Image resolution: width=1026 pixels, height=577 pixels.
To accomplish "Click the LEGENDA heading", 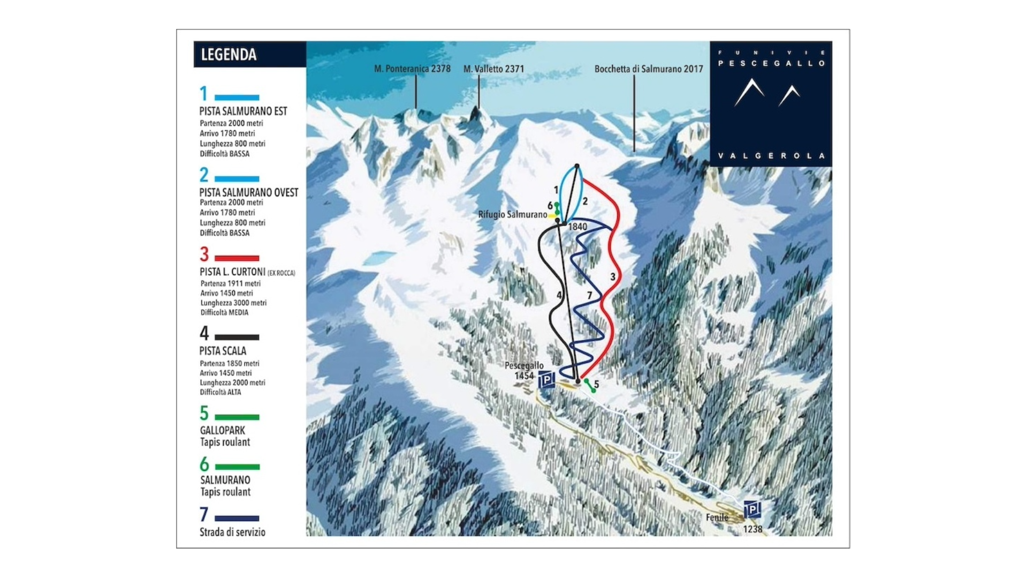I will (x=229, y=55).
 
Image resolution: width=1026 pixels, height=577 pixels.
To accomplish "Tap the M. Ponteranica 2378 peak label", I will (x=412, y=69).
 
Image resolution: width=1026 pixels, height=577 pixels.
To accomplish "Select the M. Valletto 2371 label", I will (x=493, y=69).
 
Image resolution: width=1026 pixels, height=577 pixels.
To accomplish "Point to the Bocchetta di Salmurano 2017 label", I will (x=648, y=69).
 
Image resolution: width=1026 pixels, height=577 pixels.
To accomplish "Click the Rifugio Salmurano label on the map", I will (x=512, y=215).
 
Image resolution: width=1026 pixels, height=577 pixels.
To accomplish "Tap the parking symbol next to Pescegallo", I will (x=546, y=380).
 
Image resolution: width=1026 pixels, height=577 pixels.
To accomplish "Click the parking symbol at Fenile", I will (x=751, y=509).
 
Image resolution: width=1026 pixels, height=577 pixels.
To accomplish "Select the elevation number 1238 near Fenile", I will (x=752, y=529).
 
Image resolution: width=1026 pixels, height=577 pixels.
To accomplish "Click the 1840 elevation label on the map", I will (x=577, y=227).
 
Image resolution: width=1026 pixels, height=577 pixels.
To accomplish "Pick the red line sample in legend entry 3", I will (x=237, y=258).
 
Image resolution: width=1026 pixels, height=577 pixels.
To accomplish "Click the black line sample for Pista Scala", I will (x=237, y=338).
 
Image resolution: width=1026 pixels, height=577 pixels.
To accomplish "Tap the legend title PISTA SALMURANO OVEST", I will (x=248, y=192).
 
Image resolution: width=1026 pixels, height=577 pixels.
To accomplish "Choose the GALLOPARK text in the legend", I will (x=222, y=431).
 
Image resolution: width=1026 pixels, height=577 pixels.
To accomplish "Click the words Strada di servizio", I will (x=232, y=533).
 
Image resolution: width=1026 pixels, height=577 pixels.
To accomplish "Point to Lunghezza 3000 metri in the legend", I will (x=233, y=303).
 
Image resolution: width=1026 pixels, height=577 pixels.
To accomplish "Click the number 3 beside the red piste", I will (x=613, y=277).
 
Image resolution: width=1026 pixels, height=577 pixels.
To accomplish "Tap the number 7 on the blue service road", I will (x=589, y=296).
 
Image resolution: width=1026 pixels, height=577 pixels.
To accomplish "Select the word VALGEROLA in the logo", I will (x=771, y=156).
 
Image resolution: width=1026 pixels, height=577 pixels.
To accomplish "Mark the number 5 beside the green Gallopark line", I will (x=596, y=385).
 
